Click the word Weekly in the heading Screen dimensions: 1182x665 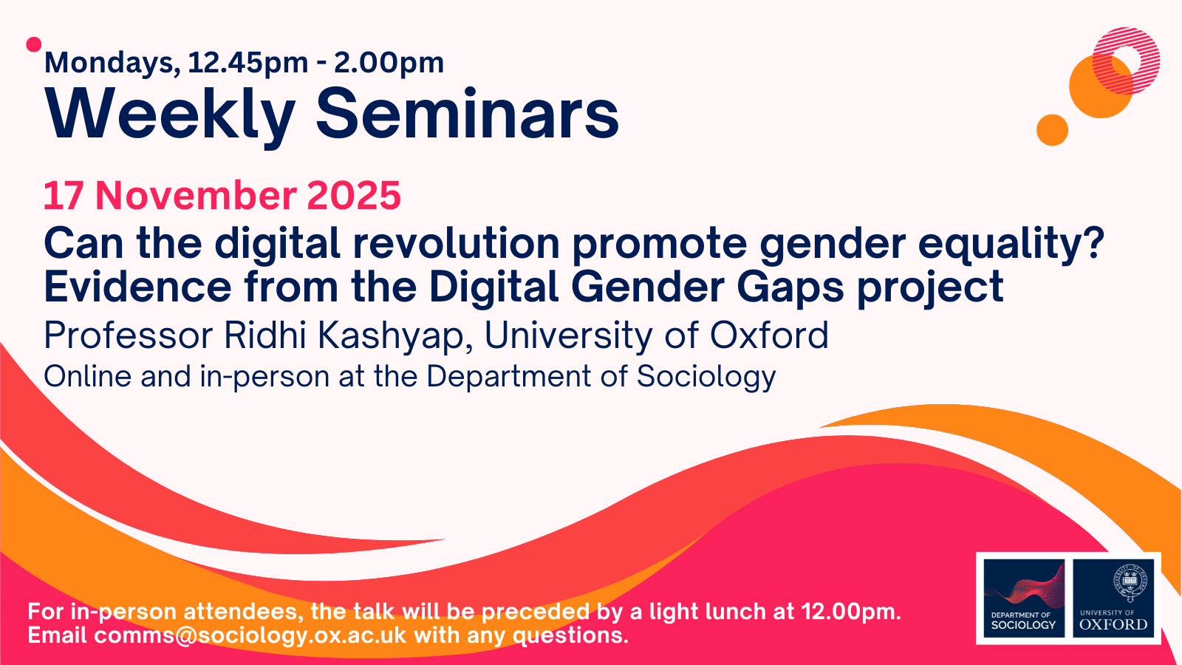click(x=170, y=115)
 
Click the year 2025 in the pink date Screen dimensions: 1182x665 click(x=354, y=195)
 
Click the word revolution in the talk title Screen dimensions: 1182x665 click(x=457, y=243)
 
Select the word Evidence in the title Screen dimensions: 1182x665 click(x=137, y=287)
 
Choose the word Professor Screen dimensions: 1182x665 click(x=129, y=335)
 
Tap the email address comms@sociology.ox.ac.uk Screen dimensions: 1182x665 click(x=250, y=635)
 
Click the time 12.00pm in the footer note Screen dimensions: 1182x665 click(x=850, y=612)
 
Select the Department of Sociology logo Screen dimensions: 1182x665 click(x=1024, y=598)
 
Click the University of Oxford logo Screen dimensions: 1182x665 click(x=1113, y=598)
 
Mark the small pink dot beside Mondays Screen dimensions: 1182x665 click(x=34, y=45)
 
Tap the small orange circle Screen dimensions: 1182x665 click(x=1052, y=130)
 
